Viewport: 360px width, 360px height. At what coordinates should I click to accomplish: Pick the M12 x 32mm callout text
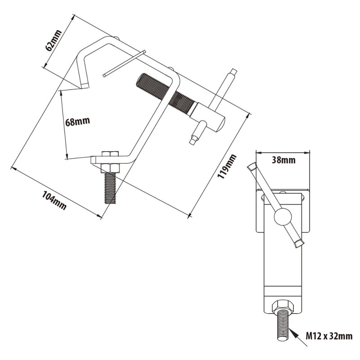pyautogui.click(x=329, y=336)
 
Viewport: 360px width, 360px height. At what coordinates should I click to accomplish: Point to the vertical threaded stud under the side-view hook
pyautogui.click(x=110, y=188)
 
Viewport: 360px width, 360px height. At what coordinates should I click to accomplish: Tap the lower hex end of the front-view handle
pyautogui.click(x=299, y=244)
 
